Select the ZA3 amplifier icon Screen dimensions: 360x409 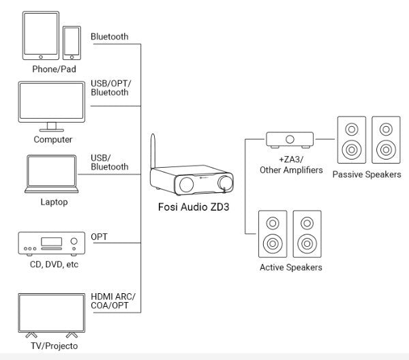pyautogui.click(x=290, y=140)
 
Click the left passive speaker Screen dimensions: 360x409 pyautogui.click(x=351, y=139)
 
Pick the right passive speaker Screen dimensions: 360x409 pyautogui.click(x=386, y=139)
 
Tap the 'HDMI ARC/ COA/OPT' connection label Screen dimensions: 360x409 pyautogui.click(x=113, y=301)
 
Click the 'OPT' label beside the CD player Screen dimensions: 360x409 pyautogui.click(x=100, y=237)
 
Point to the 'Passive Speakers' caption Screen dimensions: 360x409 pyautogui.click(x=367, y=175)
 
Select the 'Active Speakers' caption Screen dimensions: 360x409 pyautogui.click(x=290, y=267)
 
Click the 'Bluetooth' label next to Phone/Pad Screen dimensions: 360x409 pyautogui.click(x=109, y=37)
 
